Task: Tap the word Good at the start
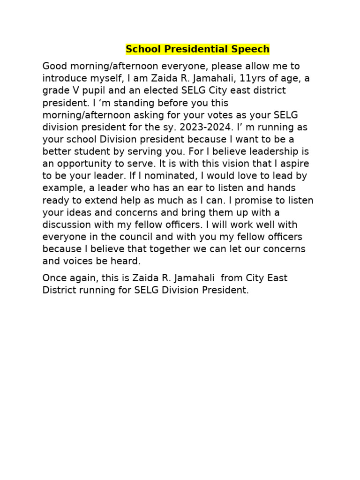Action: click(x=55, y=66)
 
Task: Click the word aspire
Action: click(x=294, y=164)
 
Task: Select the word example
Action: click(x=61, y=188)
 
